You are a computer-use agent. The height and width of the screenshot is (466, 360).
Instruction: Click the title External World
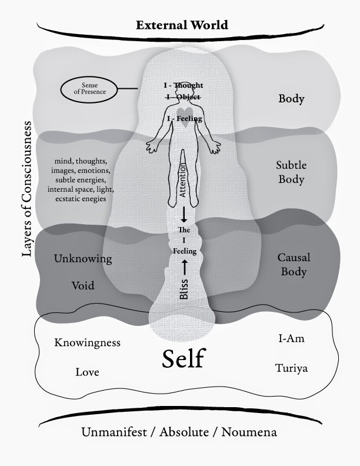coord(182,25)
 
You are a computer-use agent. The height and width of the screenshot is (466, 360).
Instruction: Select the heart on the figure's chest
coord(184,111)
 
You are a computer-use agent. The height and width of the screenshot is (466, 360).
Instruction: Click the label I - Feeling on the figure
coord(184,119)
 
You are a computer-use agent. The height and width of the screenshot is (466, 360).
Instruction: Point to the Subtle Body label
coord(292,172)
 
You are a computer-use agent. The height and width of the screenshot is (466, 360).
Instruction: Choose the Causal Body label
coord(292,264)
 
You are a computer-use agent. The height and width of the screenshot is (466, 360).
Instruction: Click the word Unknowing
coord(83,259)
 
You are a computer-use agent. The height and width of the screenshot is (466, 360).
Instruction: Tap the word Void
coord(83,286)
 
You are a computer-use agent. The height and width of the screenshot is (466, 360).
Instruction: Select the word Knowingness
coord(87,342)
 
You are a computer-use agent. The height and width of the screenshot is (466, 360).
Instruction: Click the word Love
coord(87,372)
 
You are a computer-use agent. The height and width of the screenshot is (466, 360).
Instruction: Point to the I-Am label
coord(291,339)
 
